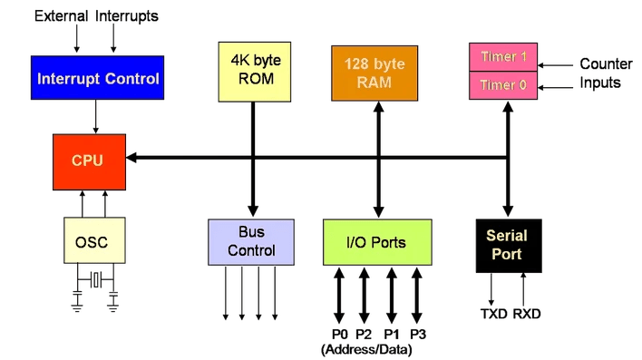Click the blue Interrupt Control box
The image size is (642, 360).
(x=97, y=78)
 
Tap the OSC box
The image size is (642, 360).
(x=92, y=242)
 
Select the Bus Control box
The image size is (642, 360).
(x=251, y=242)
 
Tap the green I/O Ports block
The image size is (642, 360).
(x=376, y=242)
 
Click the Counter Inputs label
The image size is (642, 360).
(x=601, y=73)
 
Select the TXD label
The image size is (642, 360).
(x=491, y=314)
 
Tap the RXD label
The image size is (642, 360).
(x=527, y=314)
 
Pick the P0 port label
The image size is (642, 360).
(x=337, y=334)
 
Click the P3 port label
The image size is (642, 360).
(x=418, y=334)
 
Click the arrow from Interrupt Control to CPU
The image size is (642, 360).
(x=97, y=116)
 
